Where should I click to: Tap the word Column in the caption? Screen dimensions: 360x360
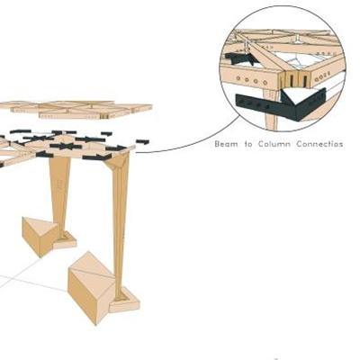[x=274, y=144]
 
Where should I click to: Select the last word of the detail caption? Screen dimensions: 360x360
[x=319, y=144]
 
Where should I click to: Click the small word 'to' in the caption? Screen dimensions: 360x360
[x=248, y=144]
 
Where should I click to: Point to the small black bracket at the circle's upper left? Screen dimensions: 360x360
[x=238, y=58]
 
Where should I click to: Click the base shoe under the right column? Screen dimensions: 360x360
[x=124, y=301]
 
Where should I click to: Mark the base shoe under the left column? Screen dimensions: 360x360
[x=65, y=240]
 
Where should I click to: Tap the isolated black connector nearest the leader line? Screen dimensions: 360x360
[x=142, y=142]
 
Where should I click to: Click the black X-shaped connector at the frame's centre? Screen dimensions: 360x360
[x=66, y=147]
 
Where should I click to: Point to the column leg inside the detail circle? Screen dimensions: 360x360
[x=270, y=109]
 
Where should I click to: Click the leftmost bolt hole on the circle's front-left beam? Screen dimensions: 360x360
[x=238, y=78]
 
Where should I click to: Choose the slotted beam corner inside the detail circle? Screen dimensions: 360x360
[x=295, y=79]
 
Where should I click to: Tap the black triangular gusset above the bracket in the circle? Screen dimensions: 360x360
[x=290, y=96]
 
